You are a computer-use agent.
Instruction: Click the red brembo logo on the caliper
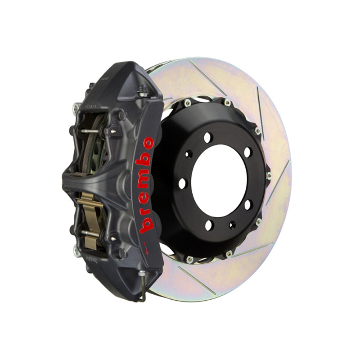(145, 185)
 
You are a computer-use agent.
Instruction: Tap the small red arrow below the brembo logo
(146, 248)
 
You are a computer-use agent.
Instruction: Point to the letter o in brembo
(148, 143)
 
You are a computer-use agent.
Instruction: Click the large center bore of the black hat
(219, 181)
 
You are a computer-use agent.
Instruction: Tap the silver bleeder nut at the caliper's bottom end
(142, 273)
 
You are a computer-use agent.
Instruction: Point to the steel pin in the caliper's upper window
(90, 131)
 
